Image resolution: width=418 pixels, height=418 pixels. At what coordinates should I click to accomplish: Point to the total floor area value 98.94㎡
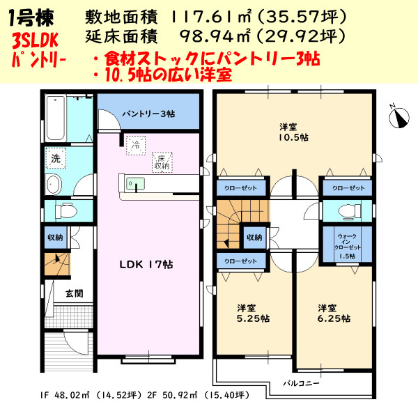pyautogui.click(x=209, y=35)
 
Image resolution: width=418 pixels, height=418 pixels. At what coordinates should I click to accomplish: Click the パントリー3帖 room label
pyautogui.click(x=148, y=113)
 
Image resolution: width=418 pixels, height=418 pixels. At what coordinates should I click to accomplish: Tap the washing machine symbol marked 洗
pyautogui.click(x=56, y=158)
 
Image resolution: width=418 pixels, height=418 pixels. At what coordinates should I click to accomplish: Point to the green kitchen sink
pyautogui.click(x=137, y=183)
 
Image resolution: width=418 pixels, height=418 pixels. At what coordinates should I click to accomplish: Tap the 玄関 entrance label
pyautogui.click(x=75, y=293)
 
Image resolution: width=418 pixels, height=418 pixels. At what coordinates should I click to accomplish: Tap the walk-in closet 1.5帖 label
pyautogui.click(x=346, y=247)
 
